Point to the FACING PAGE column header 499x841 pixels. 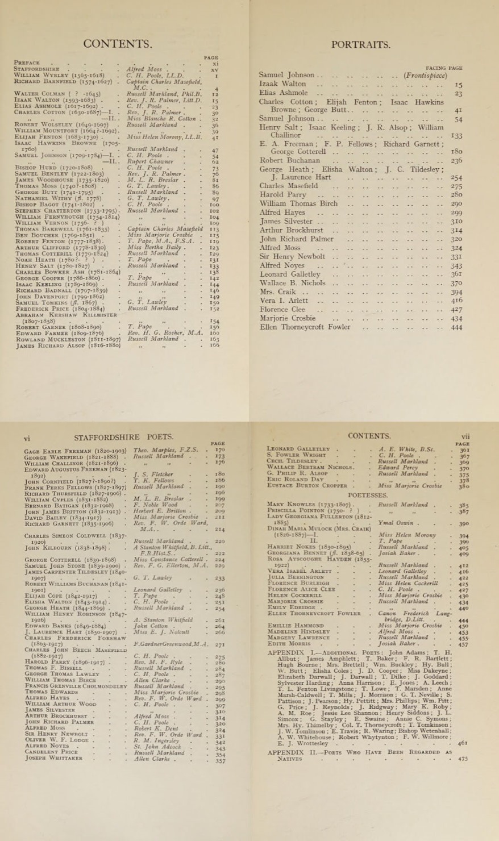[443, 68]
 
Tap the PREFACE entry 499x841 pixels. [27, 63]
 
